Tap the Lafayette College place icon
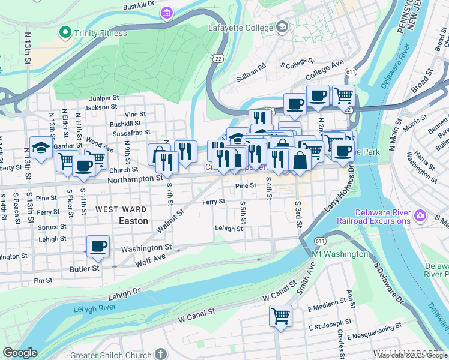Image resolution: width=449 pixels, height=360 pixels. tap(283, 27)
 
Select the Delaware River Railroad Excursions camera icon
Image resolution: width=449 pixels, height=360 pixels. tap(420, 215)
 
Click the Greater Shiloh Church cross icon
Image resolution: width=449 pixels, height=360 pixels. tap(160, 354)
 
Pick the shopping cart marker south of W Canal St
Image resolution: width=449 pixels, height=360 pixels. tap(280, 315)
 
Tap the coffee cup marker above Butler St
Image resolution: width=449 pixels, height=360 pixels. tap(98, 245)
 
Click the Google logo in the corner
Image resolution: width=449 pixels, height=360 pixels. tap(20, 353)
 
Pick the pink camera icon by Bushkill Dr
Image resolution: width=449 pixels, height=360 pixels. tap(167, 13)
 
